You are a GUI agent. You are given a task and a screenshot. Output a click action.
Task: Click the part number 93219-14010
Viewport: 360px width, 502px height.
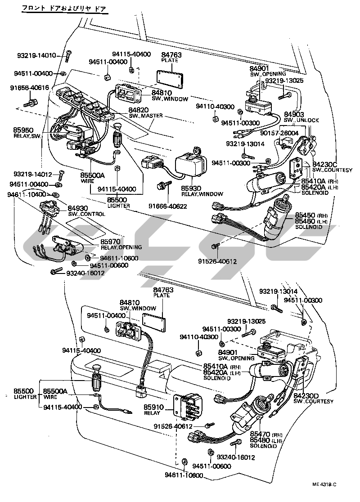click(36, 56)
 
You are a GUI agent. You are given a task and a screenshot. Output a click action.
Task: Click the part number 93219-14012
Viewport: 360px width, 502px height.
click(33, 174)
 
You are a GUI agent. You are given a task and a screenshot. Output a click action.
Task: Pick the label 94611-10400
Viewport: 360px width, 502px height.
click(27, 194)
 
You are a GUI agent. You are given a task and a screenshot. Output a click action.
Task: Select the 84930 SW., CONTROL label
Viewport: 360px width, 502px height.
click(86, 211)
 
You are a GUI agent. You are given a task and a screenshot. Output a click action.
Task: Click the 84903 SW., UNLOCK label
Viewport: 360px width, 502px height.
click(301, 117)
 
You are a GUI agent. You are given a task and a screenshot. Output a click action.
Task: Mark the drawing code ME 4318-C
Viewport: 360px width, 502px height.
click(324, 484)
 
